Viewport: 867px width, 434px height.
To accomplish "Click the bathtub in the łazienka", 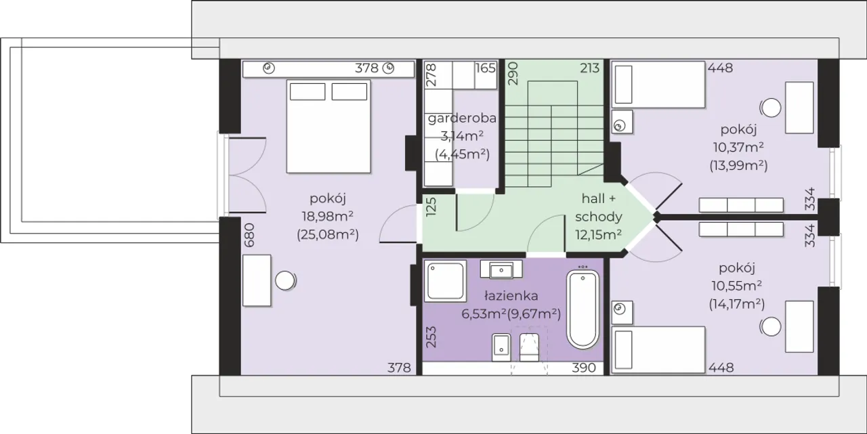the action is tap(583, 309).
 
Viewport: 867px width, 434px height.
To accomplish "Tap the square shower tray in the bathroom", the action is tap(445, 280).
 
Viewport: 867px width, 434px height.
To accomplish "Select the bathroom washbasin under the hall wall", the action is tap(501, 269).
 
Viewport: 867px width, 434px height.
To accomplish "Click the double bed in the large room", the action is tap(329, 127).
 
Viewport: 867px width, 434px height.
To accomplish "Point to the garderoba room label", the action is tap(462, 118).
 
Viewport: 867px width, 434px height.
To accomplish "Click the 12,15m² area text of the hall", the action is tap(598, 235).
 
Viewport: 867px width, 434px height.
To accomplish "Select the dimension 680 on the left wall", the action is tap(250, 235).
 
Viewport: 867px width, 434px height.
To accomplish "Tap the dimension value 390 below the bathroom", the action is tap(584, 368).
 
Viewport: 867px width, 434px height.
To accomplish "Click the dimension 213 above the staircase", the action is tap(589, 68).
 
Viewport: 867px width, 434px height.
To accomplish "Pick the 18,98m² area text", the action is tap(327, 217).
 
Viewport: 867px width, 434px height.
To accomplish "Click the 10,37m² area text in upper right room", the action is tap(738, 148).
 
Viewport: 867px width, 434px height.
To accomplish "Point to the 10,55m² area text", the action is tap(737, 286).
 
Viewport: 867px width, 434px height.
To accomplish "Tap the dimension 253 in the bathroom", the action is tap(431, 337).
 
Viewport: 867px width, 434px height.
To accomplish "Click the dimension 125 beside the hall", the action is tap(431, 207).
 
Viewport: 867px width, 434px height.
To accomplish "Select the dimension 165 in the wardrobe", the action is tap(486, 68).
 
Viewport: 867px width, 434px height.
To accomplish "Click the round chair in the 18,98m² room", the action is tap(285, 280).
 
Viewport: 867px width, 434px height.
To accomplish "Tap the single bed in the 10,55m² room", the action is tap(658, 350).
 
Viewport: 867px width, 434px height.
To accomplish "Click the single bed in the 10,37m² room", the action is tap(658, 85).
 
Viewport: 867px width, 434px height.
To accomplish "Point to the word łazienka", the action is tap(511, 296).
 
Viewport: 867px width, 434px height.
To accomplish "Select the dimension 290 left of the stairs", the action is tap(513, 74).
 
